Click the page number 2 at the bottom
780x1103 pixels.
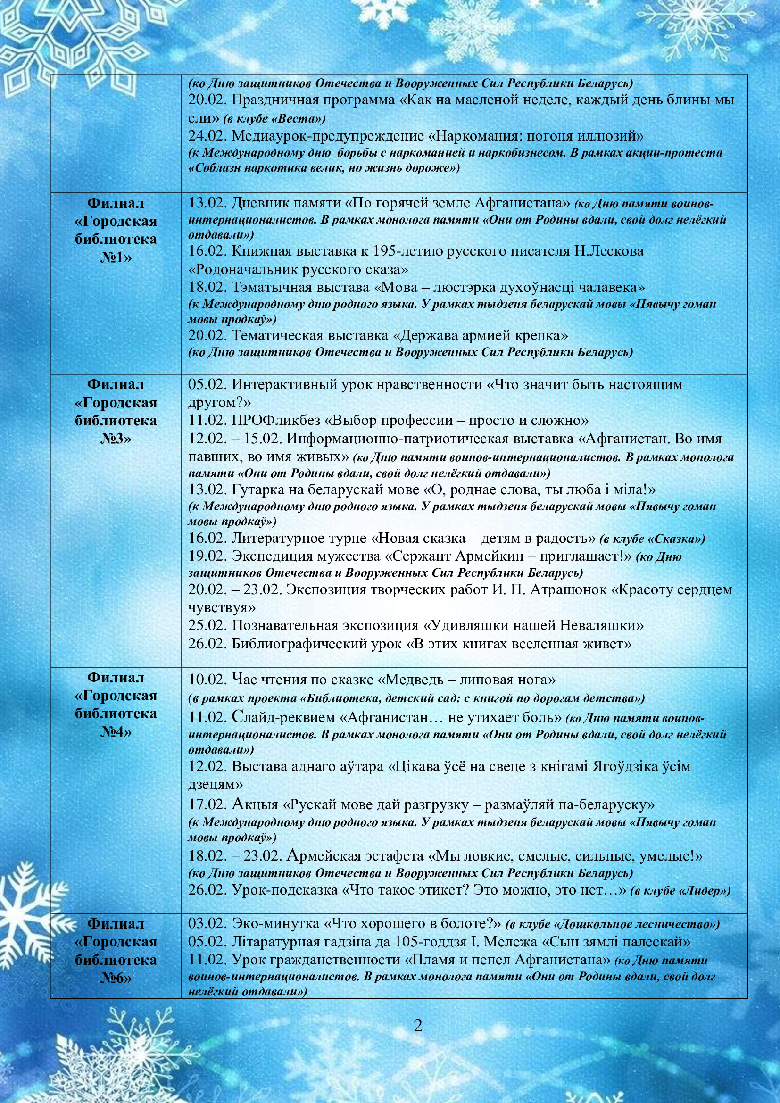coord(418,1025)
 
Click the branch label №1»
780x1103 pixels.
coord(116,257)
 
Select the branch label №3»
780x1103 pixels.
coord(116,439)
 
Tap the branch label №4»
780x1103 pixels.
coord(116,732)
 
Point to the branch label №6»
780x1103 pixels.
coord(116,978)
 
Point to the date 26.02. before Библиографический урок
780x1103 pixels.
coord(207,644)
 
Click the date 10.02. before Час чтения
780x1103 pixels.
coord(207,680)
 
